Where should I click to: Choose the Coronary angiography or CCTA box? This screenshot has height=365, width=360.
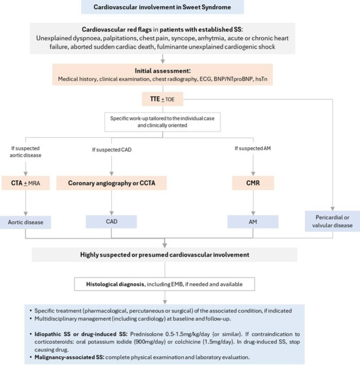click(x=111, y=183)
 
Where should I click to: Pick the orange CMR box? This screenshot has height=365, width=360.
click(x=252, y=183)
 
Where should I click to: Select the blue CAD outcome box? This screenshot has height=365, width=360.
click(x=111, y=221)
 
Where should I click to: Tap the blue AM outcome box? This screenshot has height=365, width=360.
click(x=252, y=221)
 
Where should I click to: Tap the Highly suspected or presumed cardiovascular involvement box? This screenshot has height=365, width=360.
click(x=164, y=254)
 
